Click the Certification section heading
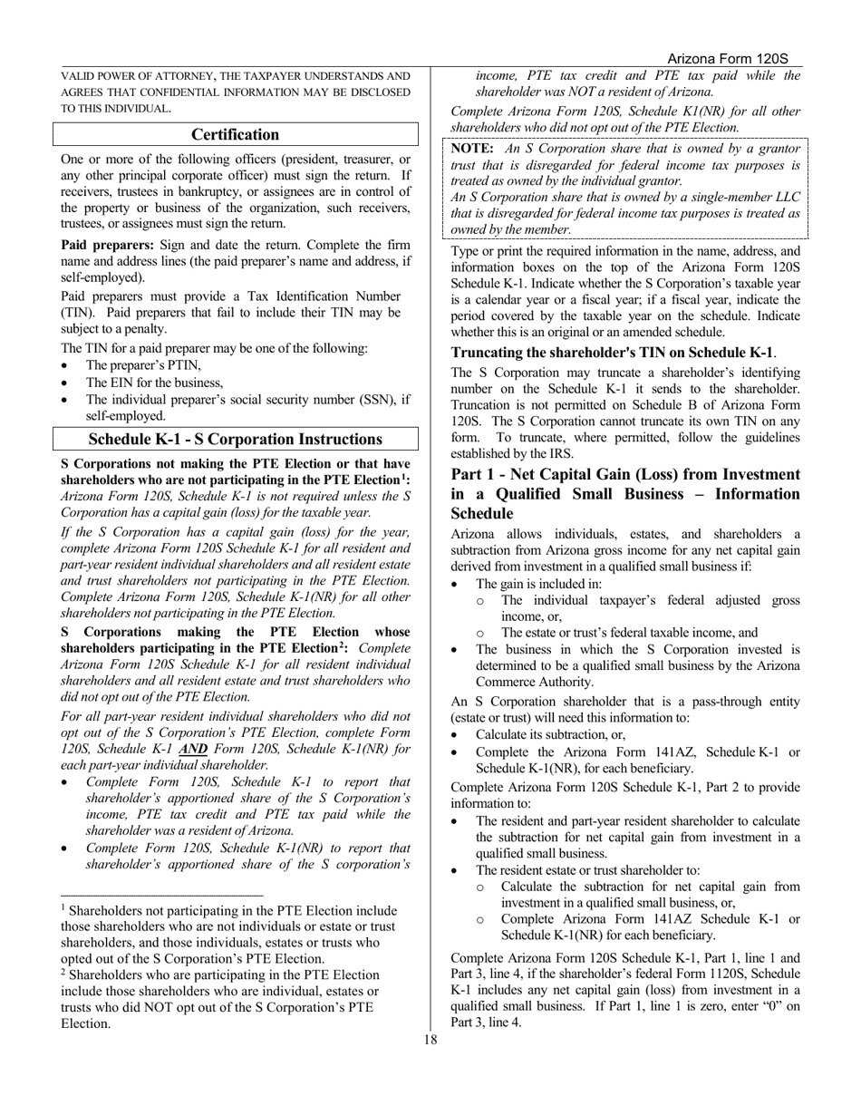(x=236, y=135)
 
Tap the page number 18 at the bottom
(x=430, y=1040)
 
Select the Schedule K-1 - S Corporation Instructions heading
(x=236, y=440)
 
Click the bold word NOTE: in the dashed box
(x=472, y=149)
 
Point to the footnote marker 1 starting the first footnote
(x=63, y=907)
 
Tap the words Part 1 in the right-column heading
(x=479, y=475)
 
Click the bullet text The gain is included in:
(x=538, y=584)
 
